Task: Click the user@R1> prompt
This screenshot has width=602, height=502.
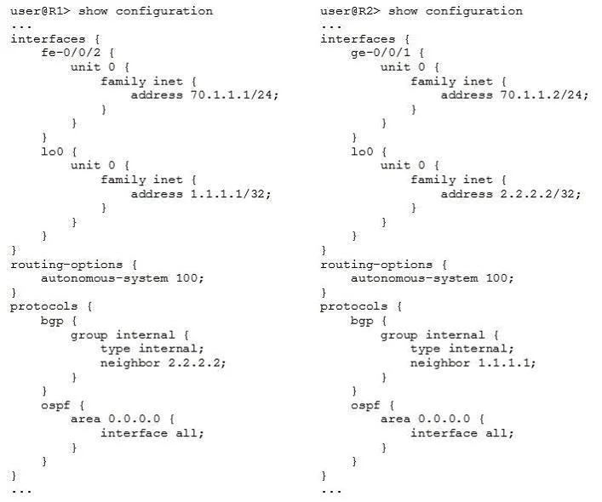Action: tap(40, 11)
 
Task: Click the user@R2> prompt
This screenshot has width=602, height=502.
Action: tap(350, 11)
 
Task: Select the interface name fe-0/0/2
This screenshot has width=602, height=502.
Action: tap(71, 52)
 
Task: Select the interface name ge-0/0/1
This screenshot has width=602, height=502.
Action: tap(381, 53)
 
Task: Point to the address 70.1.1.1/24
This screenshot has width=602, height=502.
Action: tap(234, 94)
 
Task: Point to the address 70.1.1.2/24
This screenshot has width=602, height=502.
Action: tap(543, 94)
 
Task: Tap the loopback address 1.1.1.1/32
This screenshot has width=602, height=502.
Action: tap(231, 194)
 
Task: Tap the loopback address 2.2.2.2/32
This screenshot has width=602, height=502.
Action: tap(540, 194)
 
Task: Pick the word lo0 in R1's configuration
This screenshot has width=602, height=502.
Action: tap(52, 151)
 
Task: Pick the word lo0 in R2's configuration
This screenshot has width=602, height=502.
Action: tap(362, 151)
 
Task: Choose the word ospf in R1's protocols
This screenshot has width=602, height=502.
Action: tap(55, 406)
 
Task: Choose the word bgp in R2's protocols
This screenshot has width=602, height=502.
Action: tap(362, 321)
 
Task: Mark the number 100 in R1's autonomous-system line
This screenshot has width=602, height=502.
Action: tap(187, 278)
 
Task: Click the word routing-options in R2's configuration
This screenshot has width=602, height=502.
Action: tap(376, 265)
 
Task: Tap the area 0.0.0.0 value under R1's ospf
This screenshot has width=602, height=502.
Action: tap(134, 419)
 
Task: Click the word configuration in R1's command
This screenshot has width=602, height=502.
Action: tap(164, 12)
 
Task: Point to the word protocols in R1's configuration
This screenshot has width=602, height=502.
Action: tap(43, 307)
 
